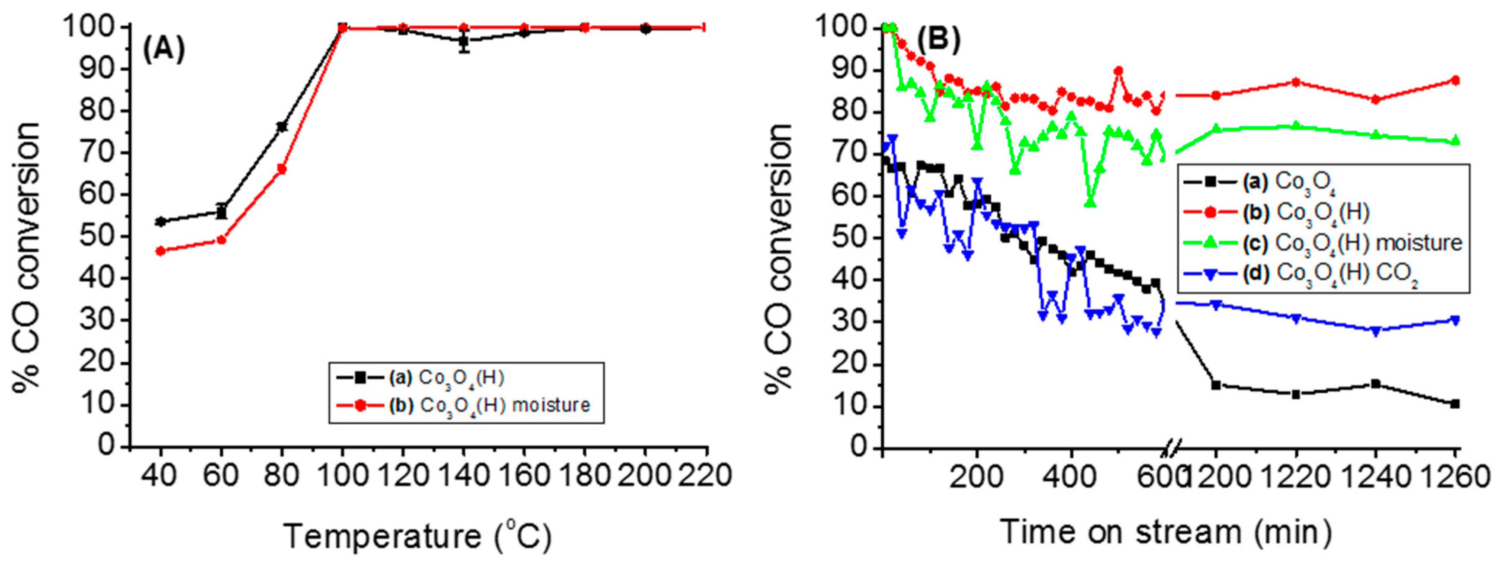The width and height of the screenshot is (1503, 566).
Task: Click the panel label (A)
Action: [164, 50]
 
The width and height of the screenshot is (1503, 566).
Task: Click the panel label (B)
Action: [938, 41]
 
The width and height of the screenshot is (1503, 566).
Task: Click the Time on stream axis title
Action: [1166, 531]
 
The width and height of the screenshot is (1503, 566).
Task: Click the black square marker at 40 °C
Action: [161, 222]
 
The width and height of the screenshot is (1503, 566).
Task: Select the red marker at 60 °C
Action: [221, 239]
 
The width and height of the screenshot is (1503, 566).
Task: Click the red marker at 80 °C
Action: [282, 169]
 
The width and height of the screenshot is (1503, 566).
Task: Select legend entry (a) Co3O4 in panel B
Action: [1284, 182]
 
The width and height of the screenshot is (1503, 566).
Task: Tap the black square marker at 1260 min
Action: [1455, 404]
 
